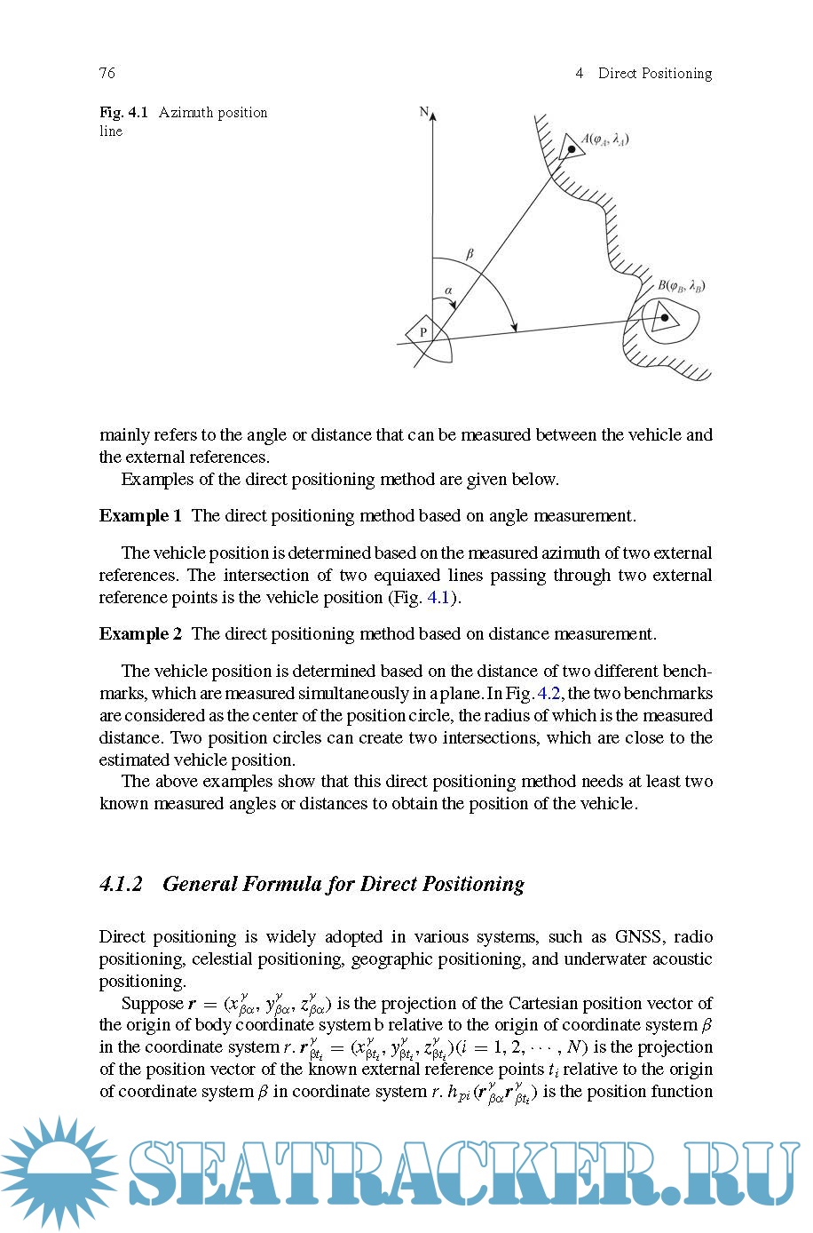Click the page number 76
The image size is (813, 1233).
[107, 73]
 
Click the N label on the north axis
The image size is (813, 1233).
[423, 112]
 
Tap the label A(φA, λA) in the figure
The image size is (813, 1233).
[605, 139]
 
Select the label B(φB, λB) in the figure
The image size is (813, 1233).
[682, 286]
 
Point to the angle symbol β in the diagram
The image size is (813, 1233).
[470, 254]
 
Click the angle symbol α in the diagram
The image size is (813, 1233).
[448, 290]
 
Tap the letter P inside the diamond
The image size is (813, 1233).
[423, 333]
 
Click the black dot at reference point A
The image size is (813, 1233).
[572, 148]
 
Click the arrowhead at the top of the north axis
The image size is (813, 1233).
[432, 115]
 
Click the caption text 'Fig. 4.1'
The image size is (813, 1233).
[123, 113]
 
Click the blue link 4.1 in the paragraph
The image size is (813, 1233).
[438, 598]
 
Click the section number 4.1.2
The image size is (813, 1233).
[121, 884]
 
